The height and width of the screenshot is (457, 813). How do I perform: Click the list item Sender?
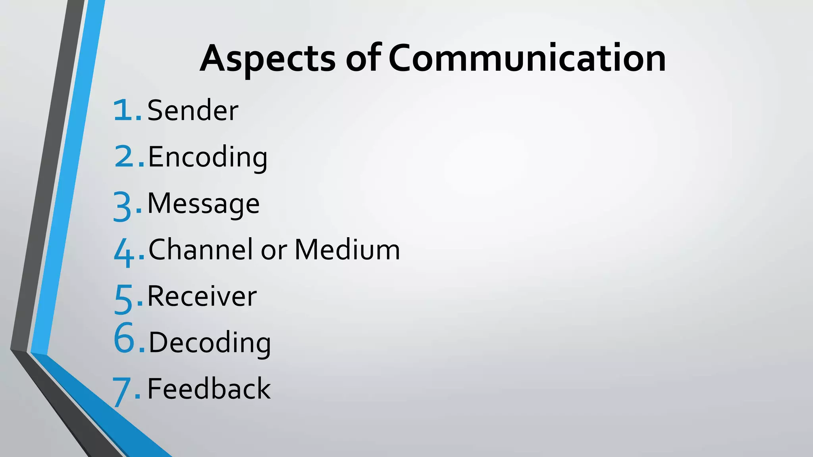coord(193,110)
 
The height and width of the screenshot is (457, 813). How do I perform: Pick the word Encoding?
coord(208,157)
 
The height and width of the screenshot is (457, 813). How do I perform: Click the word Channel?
coord(201,250)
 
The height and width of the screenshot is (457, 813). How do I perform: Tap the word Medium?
coord(347,250)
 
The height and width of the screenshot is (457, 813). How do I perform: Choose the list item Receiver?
coord(202,296)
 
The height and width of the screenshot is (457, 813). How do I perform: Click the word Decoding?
coord(210,342)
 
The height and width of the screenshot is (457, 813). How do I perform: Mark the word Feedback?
coord(209,389)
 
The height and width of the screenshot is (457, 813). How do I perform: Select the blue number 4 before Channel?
coord(124,253)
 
